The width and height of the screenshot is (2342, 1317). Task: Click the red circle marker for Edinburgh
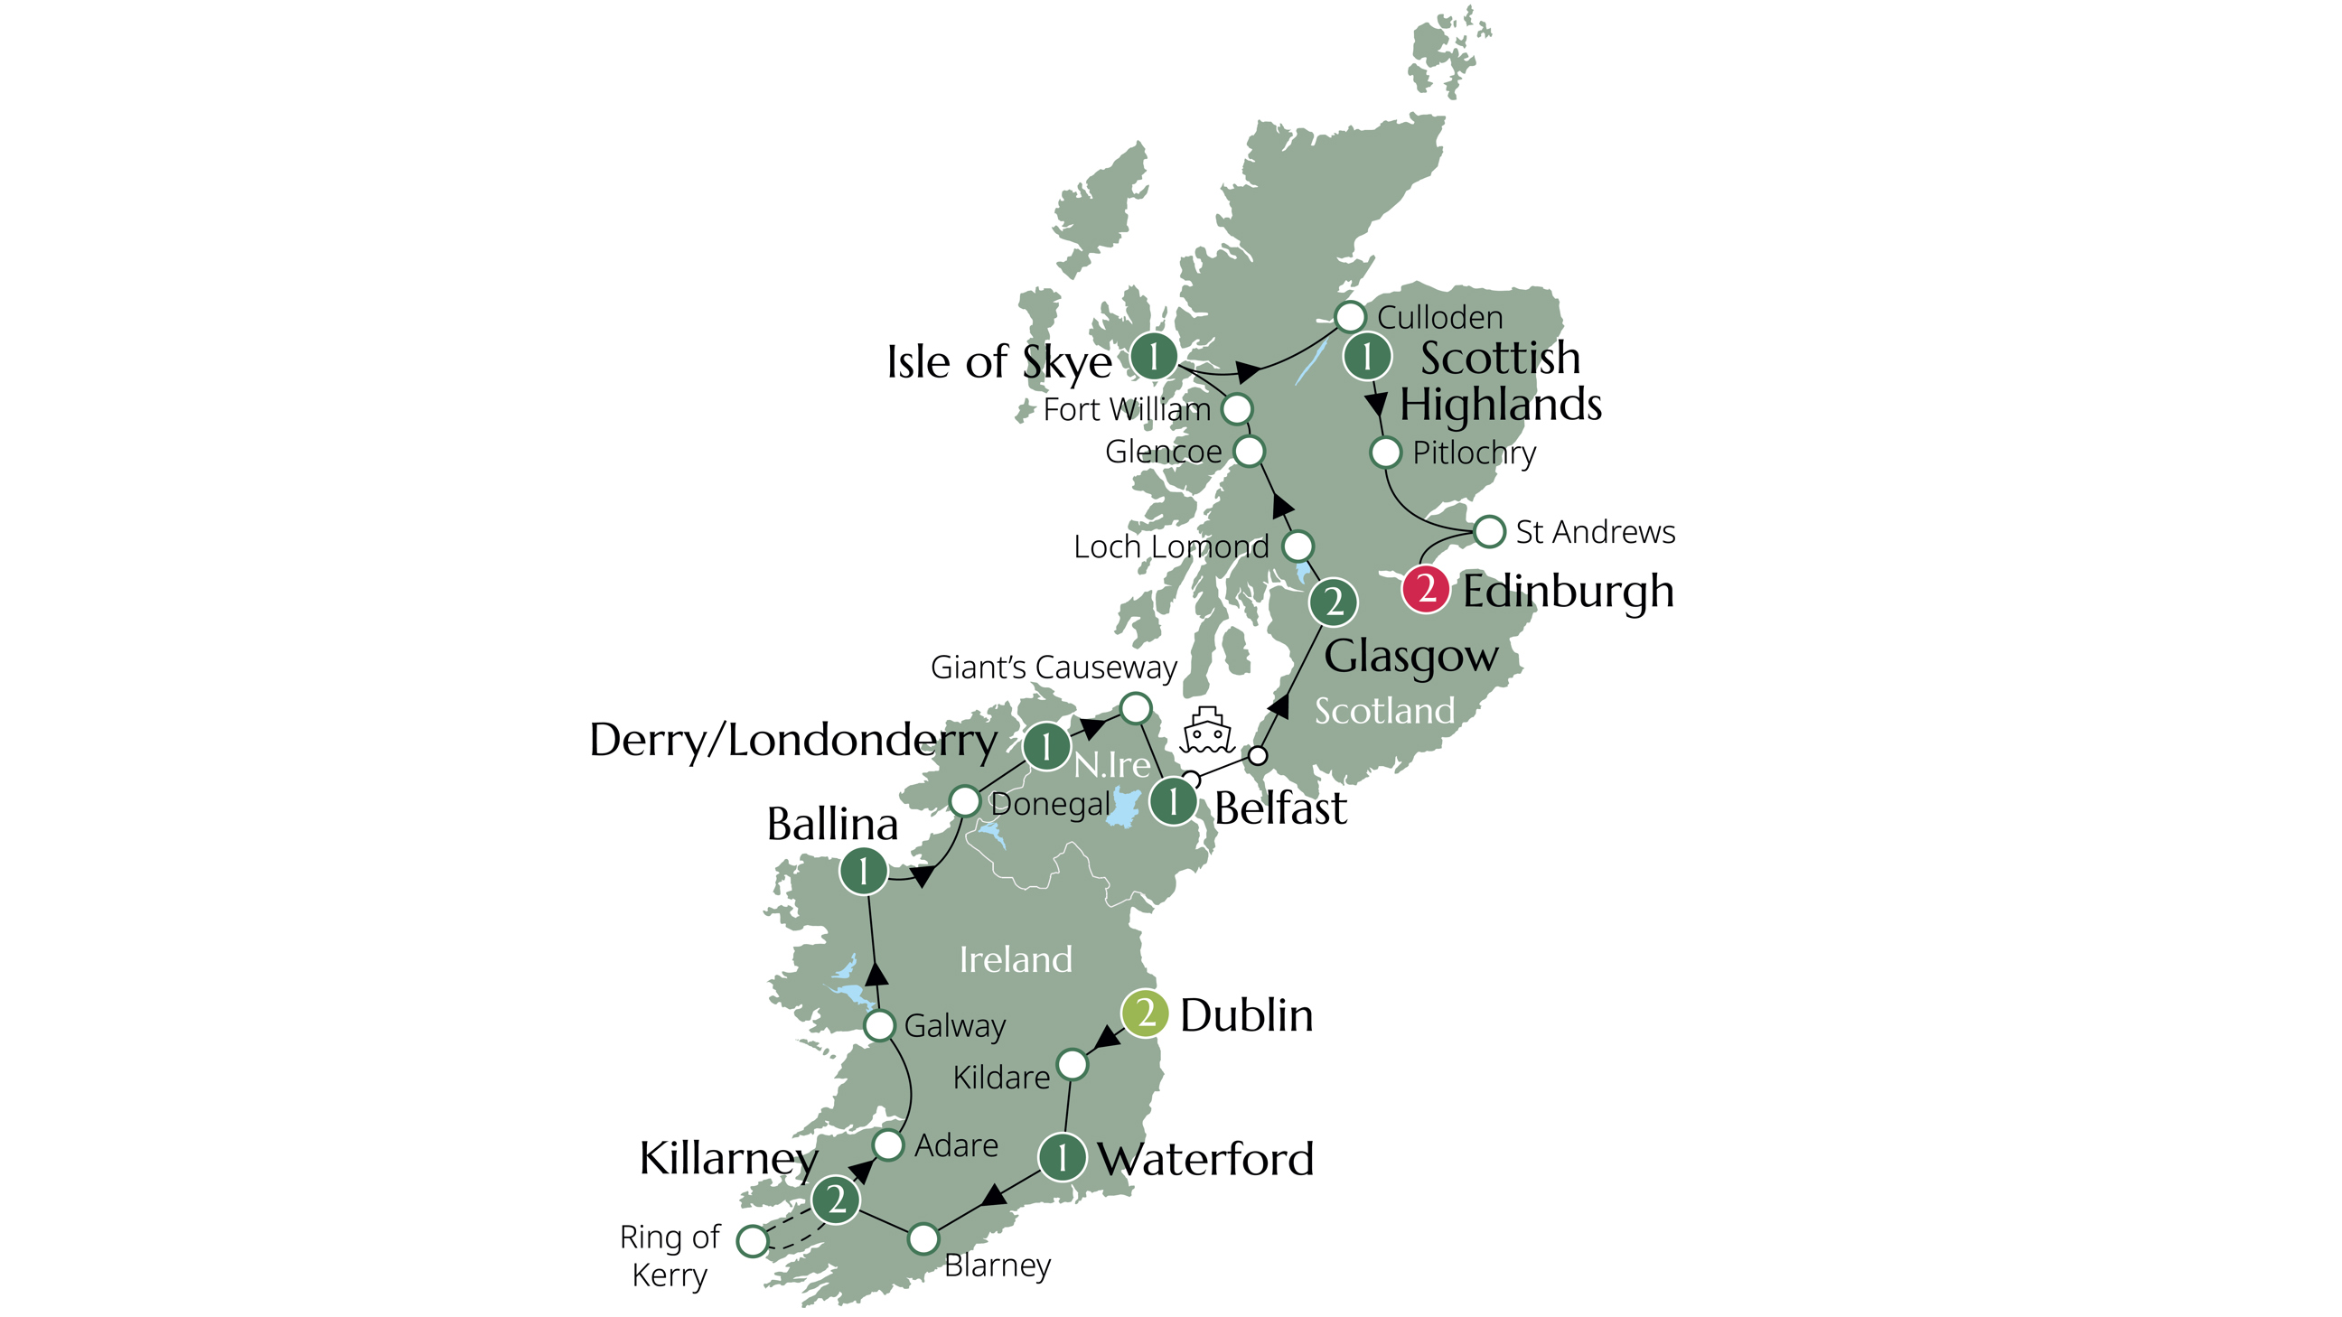[x=1425, y=589]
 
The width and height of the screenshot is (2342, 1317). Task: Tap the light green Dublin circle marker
[x=1145, y=1013]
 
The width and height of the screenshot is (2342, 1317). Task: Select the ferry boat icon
[x=1206, y=731]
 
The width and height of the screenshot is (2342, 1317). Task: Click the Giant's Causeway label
[x=1053, y=668]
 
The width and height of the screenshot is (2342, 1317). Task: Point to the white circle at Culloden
[x=1350, y=317]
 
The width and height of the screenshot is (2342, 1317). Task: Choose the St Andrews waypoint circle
[x=1489, y=532]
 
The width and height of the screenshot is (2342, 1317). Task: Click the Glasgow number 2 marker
[x=1333, y=602]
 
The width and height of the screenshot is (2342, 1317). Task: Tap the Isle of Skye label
[x=998, y=362]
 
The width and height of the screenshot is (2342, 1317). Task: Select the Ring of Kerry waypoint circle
[x=753, y=1240]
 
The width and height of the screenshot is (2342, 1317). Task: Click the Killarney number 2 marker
[x=836, y=1200]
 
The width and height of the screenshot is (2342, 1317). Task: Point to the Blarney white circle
[x=923, y=1238]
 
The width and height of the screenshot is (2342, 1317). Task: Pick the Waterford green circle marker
[x=1061, y=1157]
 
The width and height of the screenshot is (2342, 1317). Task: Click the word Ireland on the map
[x=1016, y=960]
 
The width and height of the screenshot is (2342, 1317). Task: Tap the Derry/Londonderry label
[x=792, y=741]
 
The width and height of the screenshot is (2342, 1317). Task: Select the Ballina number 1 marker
[x=863, y=872]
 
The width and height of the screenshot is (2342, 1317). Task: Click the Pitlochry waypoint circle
[x=1384, y=452]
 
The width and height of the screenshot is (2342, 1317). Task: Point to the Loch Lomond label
[x=1170, y=546]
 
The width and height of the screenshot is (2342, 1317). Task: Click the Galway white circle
[x=879, y=1025]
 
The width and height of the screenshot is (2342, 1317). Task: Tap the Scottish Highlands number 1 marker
[x=1366, y=356]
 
